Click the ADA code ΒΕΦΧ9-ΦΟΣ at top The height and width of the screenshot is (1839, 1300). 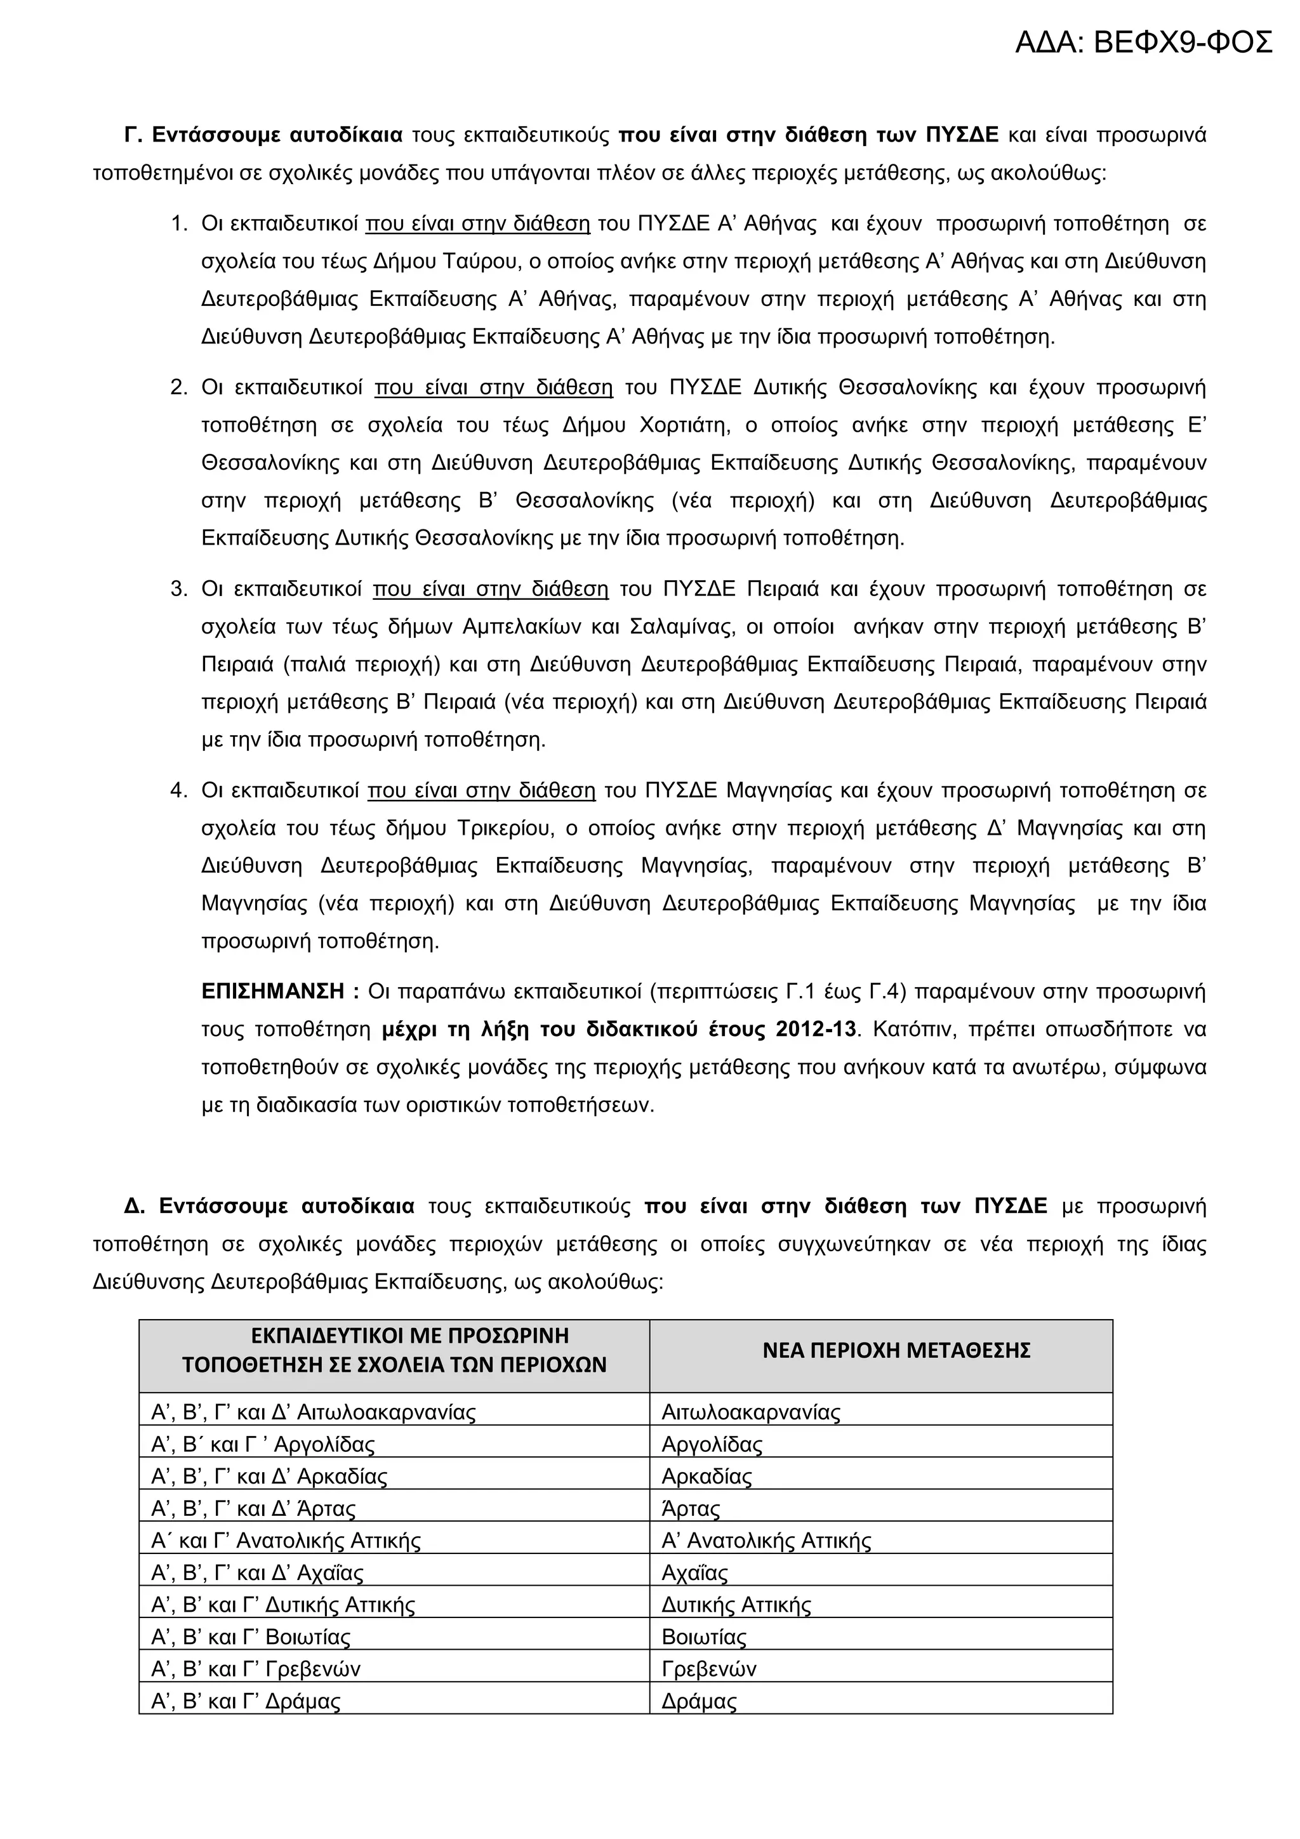click(1143, 43)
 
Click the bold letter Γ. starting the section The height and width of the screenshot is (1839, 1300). click(133, 135)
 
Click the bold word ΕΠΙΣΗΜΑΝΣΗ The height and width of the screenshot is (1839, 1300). click(273, 992)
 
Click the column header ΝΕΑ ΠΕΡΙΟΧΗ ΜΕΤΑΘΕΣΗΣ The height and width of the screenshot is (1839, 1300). click(896, 1350)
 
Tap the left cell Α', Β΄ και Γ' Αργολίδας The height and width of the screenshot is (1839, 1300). click(263, 1444)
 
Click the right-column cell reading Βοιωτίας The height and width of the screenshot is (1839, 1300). click(703, 1637)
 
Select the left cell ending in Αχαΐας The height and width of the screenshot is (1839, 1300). click(257, 1572)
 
